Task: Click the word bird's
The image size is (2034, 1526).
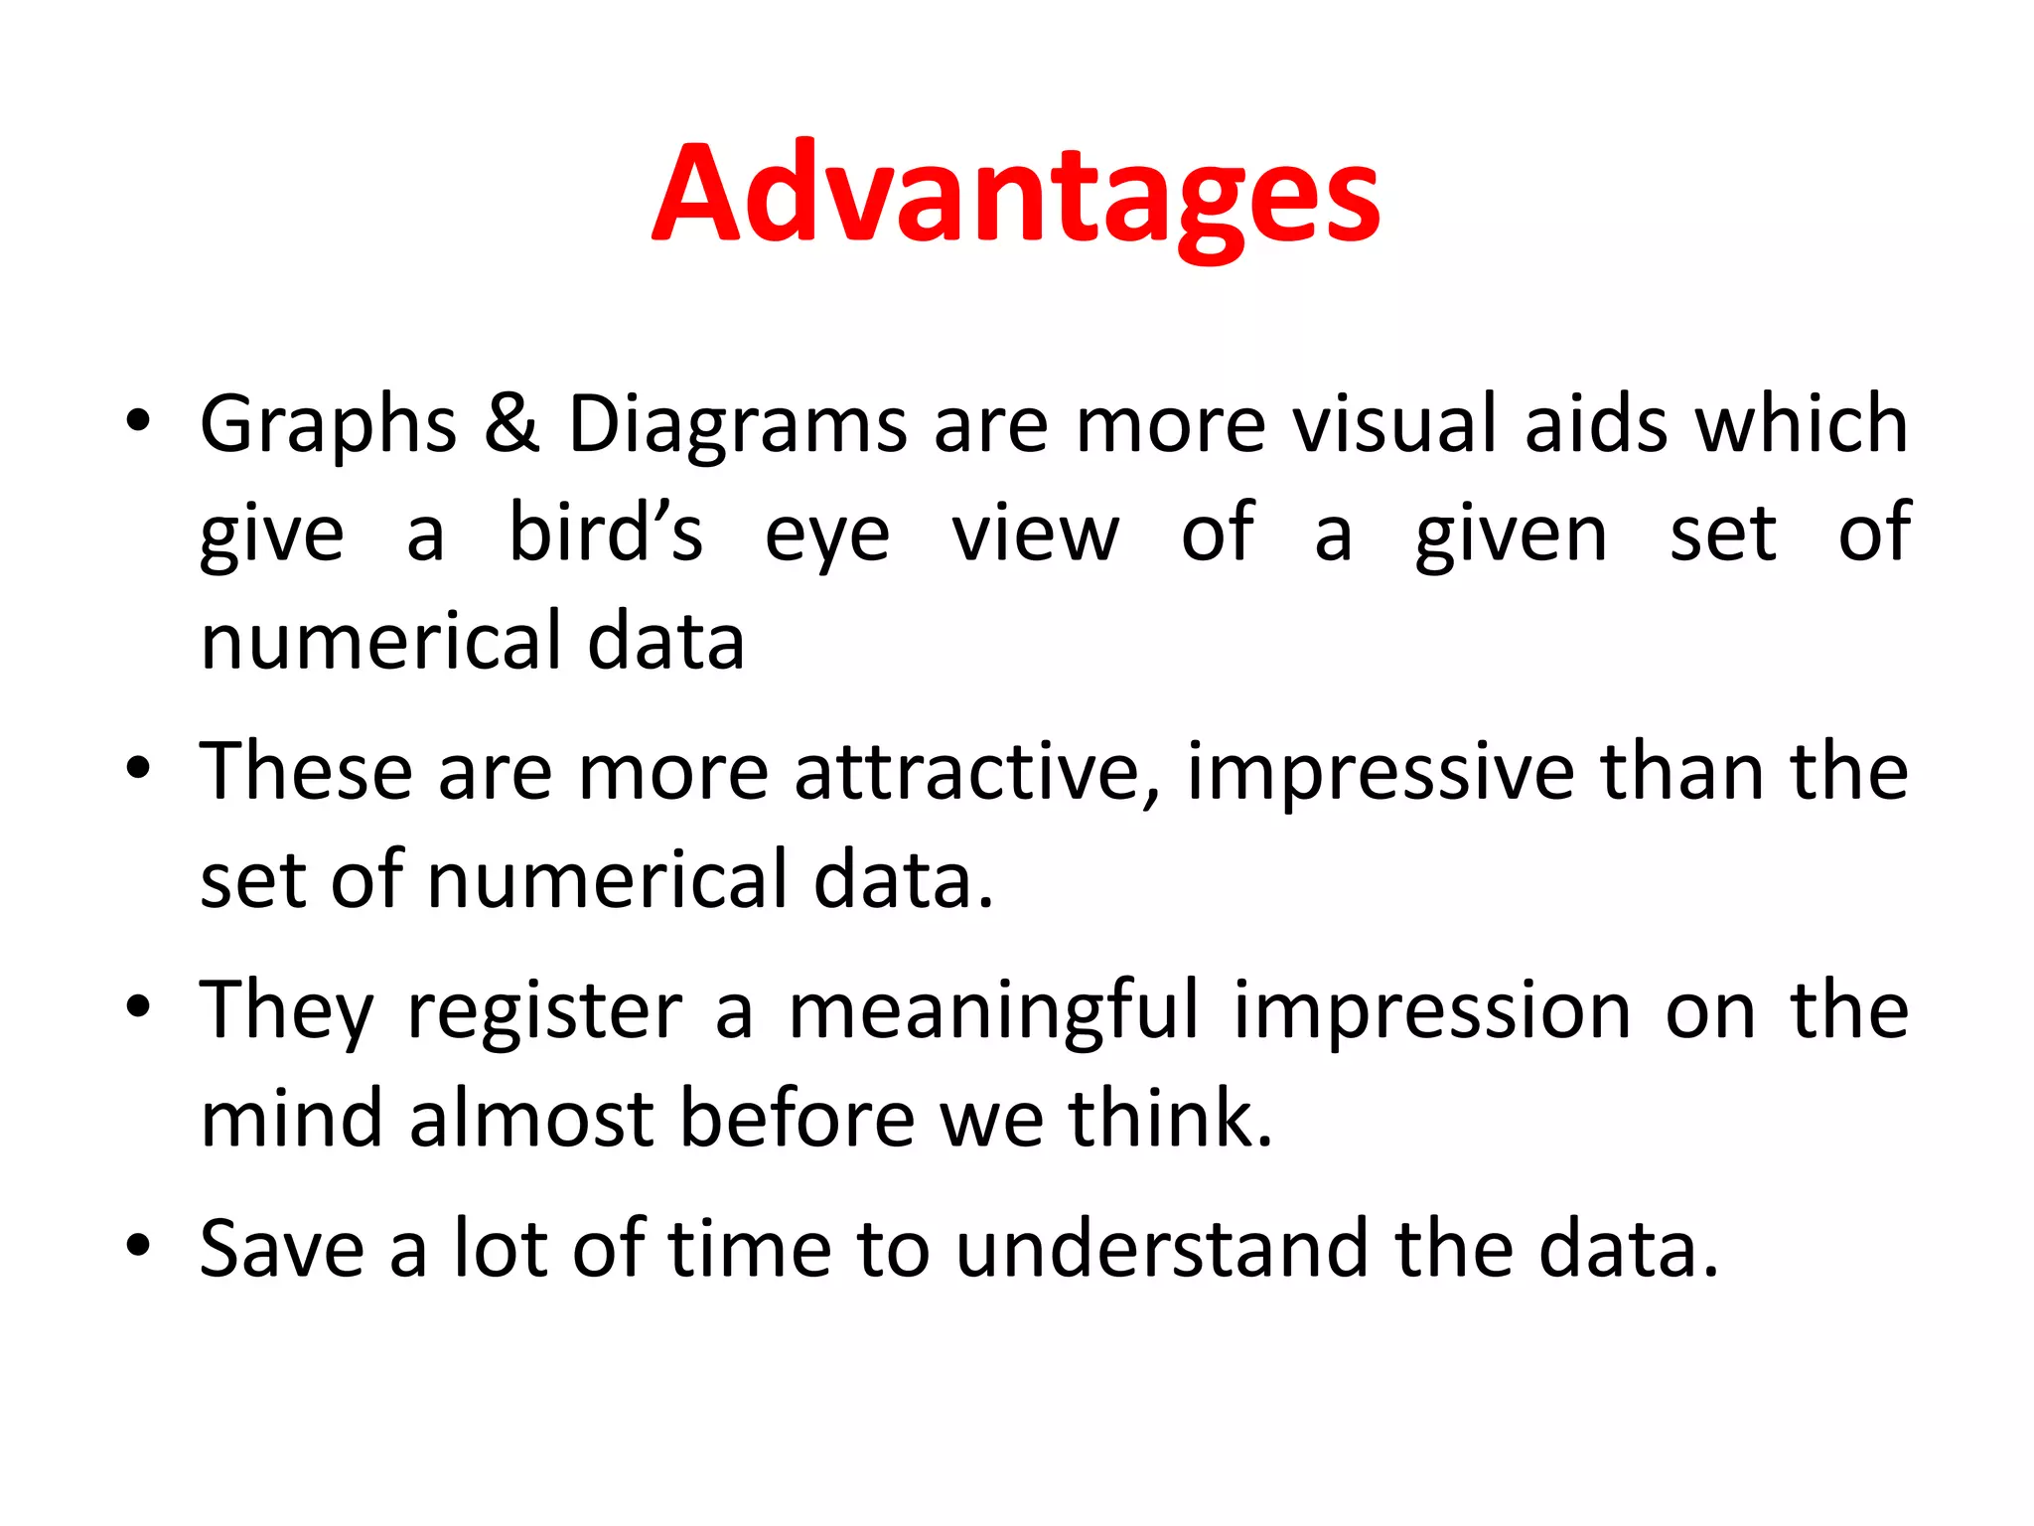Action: coord(605,534)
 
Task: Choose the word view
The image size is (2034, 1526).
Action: coord(1035,534)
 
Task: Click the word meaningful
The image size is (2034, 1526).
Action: coord(994,1011)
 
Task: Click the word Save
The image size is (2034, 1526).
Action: coord(282,1249)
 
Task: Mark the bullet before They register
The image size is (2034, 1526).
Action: coord(138,1005)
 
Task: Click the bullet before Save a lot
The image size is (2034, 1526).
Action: coord(138,1244)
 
